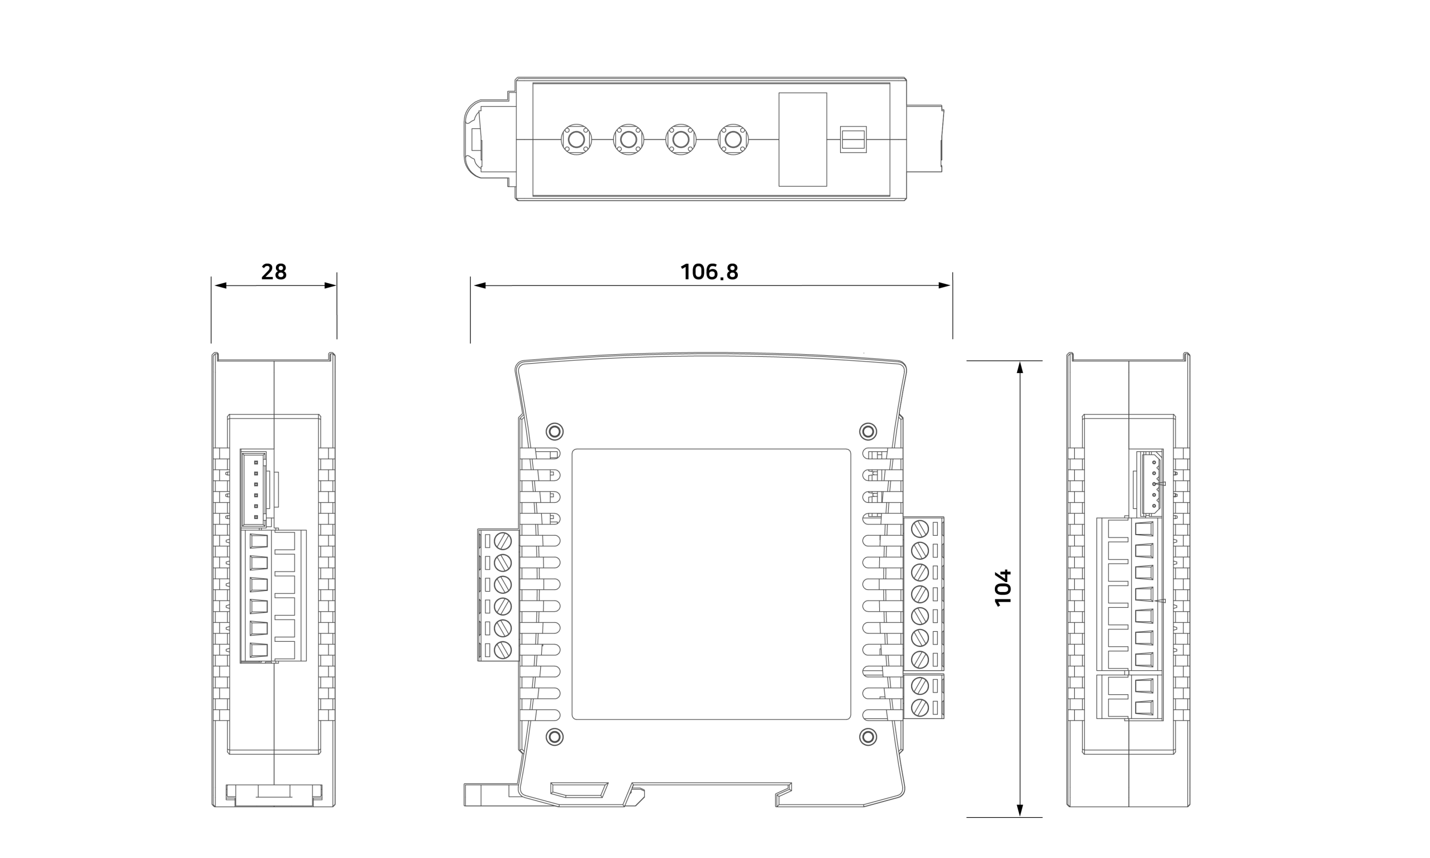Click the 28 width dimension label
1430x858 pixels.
pos(274,271)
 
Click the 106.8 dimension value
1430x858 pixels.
pos(709,271)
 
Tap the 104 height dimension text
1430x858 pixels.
pos(1003,588)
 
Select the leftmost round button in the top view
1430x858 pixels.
pos(576,139)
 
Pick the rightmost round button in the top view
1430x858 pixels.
pos(733,139)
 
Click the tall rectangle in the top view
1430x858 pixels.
pos(802,139)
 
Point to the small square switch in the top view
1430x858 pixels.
pos(853,139)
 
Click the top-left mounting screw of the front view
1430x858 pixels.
pos(554,431)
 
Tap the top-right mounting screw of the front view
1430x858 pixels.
pos(868,431)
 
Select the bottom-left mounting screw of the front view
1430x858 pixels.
pos(554,737)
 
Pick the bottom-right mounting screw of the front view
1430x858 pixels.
pos(868,737)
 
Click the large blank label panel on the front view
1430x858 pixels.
pos(711,584)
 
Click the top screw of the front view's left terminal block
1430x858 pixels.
pos(503,541)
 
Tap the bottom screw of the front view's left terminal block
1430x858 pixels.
pos(503,650)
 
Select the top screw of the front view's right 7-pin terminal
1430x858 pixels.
pos(919,528)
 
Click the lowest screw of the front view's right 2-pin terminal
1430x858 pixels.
pos(919,707)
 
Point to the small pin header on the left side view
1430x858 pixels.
pos(254,489)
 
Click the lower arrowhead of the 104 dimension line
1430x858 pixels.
pos(1019,811)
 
